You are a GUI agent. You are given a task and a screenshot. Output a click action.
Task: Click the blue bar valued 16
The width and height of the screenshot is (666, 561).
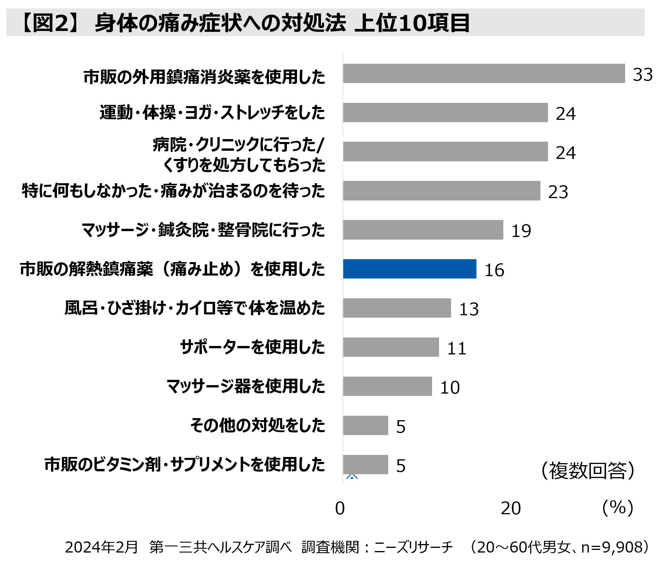click(x=410, y=269)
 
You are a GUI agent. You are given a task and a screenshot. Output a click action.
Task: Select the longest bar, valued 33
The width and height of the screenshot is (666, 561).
click(x=483, y=73)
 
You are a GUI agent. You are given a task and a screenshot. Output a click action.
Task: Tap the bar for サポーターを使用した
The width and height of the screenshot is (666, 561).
click(x=391, y=347)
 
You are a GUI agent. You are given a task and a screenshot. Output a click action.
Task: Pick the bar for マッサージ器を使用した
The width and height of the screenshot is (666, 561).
click(x=387, y=386)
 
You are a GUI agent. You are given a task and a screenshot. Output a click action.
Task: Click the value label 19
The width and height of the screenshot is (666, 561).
click(x=521, y=231)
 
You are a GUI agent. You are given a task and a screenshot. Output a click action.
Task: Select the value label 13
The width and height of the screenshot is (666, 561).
click(x=469, y=309)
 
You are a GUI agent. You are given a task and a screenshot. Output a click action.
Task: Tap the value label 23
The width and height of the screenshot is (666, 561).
click(x=558, y=192)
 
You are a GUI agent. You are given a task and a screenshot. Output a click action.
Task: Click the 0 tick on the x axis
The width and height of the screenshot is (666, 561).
click(x=340, y=508)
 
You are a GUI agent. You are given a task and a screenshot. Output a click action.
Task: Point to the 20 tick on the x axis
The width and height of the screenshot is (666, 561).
click(x=511, y=508)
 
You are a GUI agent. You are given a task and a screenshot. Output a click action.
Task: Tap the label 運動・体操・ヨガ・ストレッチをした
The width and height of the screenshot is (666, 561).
click(x=212, y=112)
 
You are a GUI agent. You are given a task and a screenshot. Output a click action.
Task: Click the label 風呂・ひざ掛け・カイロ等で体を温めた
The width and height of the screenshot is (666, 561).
click(x=195, y=308)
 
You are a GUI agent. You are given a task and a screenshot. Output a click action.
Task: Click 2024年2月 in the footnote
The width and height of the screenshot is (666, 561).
click(x=101, y=547)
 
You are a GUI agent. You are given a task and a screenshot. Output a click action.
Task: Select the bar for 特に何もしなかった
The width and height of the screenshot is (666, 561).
click(x=441, y=191)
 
